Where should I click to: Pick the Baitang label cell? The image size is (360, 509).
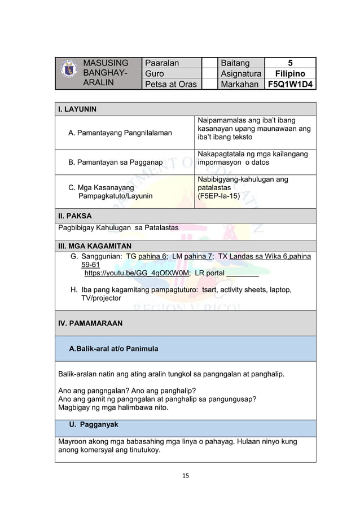[235, 63]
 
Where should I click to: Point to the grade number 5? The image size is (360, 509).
[291, 63]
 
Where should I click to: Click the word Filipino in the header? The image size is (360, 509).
[291, 74]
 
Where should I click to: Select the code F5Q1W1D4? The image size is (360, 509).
[291, 85]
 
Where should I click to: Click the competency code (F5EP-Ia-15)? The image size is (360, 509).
[218, 196]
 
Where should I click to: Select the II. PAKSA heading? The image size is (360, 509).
[75, 216]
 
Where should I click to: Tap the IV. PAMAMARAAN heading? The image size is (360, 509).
[91, 324]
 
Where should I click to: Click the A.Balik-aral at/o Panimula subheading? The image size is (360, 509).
[113, 349]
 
